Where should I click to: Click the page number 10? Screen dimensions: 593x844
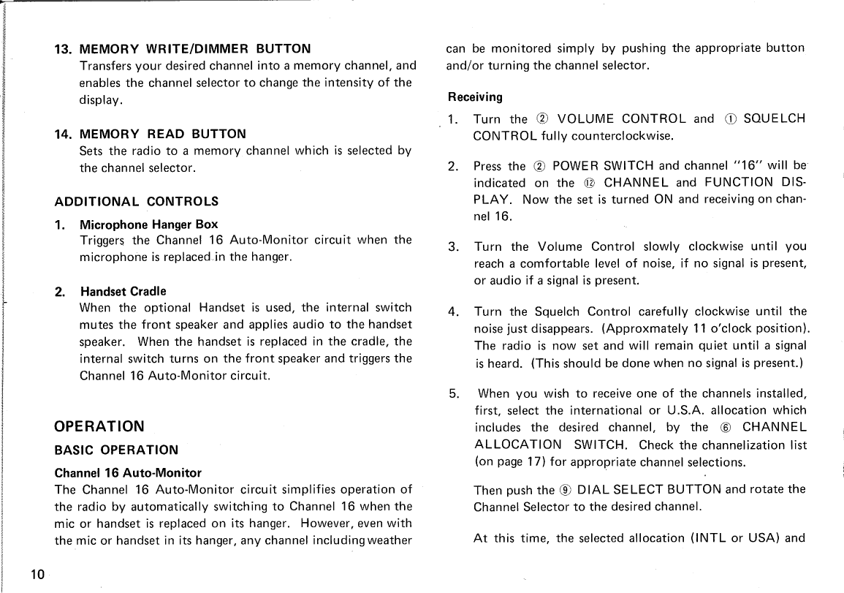39,574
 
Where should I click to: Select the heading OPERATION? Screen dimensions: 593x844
99,426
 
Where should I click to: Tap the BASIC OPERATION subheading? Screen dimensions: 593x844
116,450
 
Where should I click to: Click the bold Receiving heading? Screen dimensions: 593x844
475,97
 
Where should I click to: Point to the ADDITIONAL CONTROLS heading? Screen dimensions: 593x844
137,201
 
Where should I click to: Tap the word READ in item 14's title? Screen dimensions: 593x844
166,134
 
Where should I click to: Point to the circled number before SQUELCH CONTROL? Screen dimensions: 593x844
731,119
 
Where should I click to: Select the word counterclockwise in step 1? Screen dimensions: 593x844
623,136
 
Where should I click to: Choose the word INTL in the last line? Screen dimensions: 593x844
708,539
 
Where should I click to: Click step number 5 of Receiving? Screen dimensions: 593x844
454,393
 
